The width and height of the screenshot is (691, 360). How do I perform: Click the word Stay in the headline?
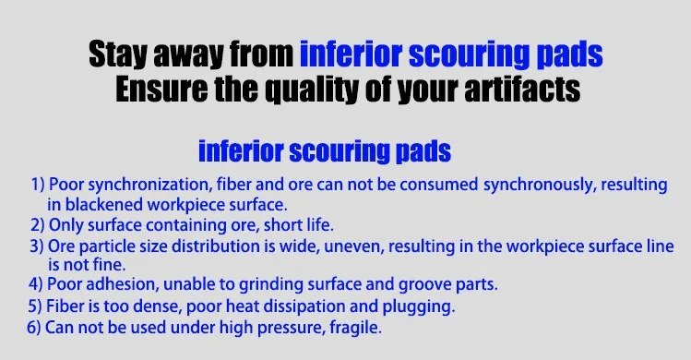click(118, 54)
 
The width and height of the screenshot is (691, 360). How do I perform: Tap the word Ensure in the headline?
click(161, 90)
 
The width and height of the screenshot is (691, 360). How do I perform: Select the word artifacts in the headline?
click(522, 90)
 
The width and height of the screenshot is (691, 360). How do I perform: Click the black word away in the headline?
click(188, 55)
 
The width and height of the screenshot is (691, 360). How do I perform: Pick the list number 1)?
click(38, 185)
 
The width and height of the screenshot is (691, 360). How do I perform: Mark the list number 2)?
click(38, 225)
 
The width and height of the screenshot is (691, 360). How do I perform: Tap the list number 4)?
click(36, 284)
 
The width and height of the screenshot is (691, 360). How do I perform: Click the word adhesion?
click(123, 284)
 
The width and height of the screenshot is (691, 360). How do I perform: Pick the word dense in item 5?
click(158, 306)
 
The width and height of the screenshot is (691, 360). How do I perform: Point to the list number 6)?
click(34, 328)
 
